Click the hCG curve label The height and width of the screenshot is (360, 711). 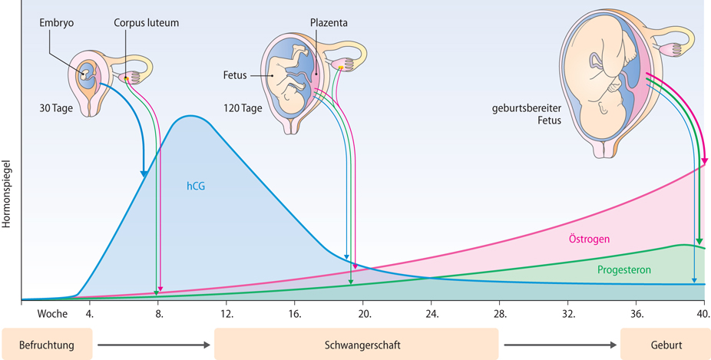tap(196, 185)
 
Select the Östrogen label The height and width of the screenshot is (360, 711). tap(590, 239)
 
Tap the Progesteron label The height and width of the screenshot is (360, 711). tap(624, 270)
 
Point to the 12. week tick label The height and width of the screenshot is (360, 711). tap(227, 313)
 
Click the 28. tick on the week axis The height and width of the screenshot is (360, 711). tap(501, 313)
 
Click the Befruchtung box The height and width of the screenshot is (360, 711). tap(47, 344)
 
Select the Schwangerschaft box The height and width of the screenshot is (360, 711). tap(356, 344)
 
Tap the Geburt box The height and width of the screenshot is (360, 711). tap(665, 344)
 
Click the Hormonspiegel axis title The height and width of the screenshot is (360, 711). tap(8, 193)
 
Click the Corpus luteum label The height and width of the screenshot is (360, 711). tap(146, 24)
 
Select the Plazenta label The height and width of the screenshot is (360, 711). tap(329, 24)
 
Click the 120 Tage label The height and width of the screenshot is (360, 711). tap(242, 108)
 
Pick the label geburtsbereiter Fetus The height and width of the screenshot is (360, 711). tap(527, 114)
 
